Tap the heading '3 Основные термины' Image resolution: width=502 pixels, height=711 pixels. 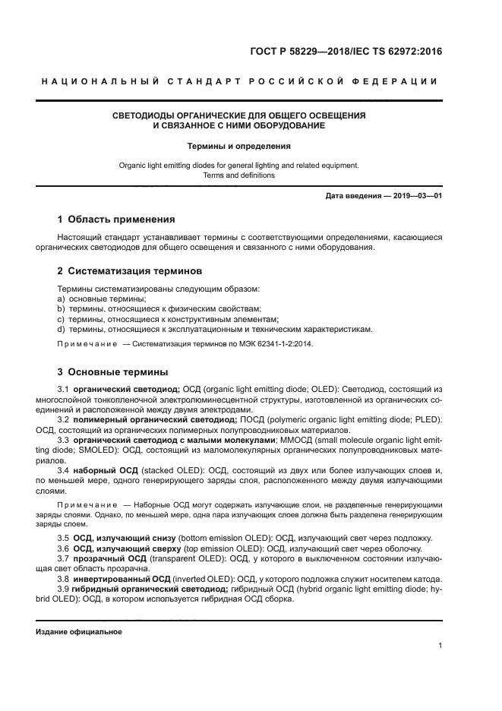coord(113,372)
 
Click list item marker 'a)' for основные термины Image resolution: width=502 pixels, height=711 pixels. coord(62,299)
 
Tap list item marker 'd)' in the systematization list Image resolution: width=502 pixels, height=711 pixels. coord(62,329)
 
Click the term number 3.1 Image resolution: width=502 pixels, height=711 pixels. coord(64,390)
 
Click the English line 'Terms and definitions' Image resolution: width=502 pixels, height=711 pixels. coord(239,175)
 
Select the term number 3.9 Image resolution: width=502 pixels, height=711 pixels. coord(64,588)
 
